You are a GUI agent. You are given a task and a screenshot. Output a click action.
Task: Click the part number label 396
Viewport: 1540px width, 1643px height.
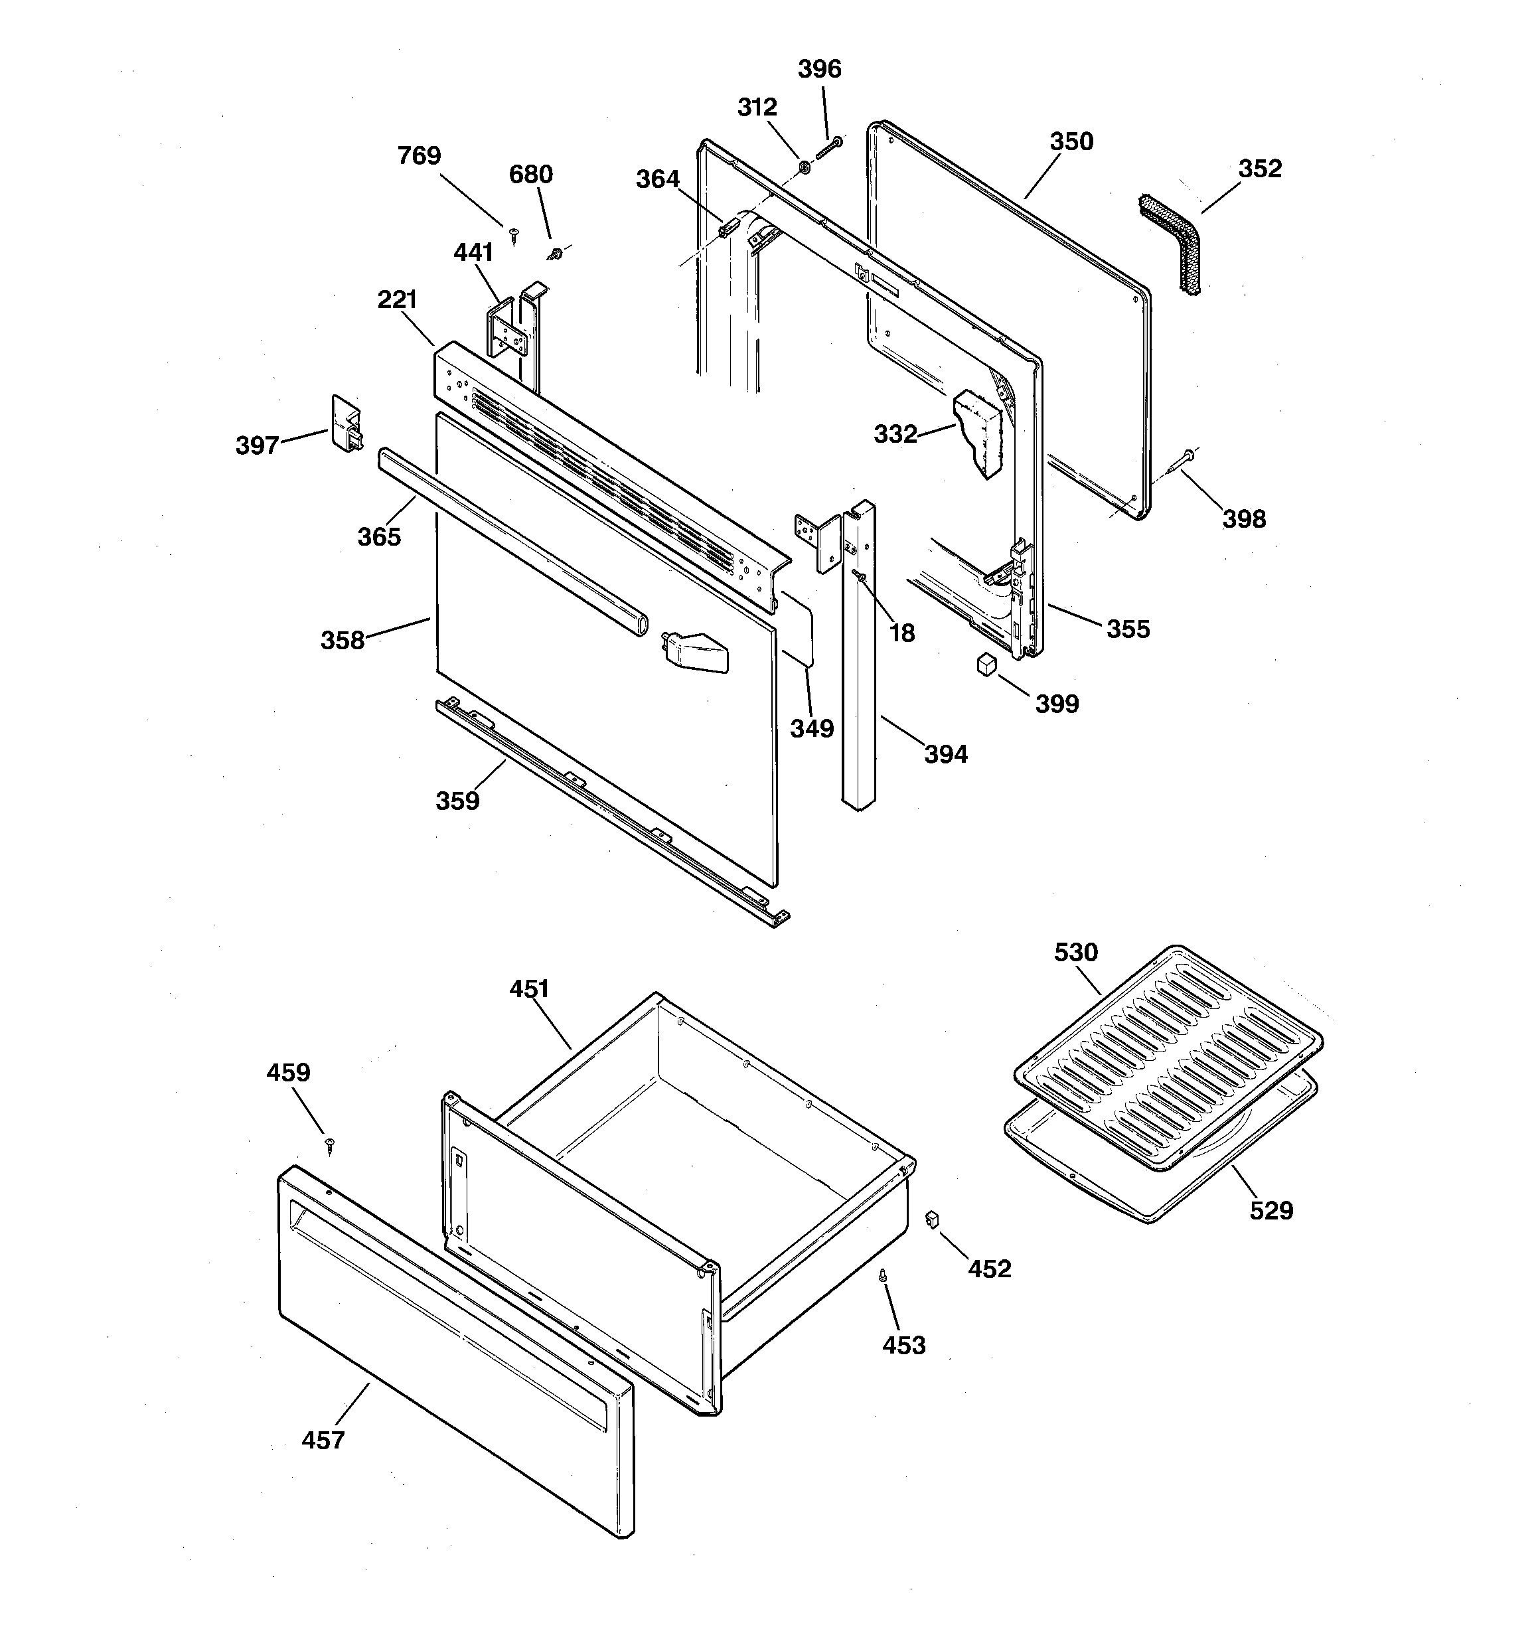click(x=819, y=68)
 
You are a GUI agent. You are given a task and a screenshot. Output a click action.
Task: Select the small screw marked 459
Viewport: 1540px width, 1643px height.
click(x=331, y=1144)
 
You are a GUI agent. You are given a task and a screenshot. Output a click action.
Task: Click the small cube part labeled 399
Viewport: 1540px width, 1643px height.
click(x=985, y=665)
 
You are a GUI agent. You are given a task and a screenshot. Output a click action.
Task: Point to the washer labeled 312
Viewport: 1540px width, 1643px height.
click(x=803, y=169)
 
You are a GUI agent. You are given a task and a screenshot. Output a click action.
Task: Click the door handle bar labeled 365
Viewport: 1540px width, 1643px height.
click(x=512, y=543)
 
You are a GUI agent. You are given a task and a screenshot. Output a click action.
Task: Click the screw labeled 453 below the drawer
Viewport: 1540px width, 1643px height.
click(x=883, y=1277)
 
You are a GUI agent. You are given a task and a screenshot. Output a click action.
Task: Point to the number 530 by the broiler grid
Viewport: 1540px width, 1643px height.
click(x=1075, y=953)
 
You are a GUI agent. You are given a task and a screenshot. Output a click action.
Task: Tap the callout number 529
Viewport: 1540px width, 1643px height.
click(x=1270, y=1212)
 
